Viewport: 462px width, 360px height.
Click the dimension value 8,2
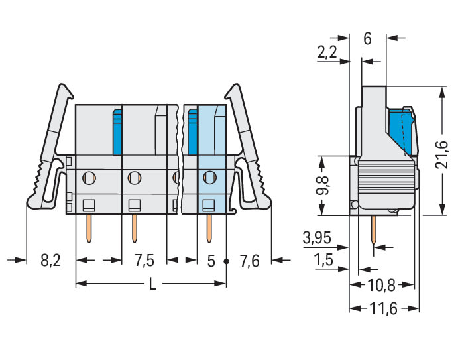(50, 261)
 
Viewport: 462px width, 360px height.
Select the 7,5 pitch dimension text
(144, 261)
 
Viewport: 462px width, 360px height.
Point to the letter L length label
(152, 284)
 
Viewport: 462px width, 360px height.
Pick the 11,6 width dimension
(384, 309)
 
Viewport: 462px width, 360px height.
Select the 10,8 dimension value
(381, 286)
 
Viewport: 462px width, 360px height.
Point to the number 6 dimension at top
(367, 38)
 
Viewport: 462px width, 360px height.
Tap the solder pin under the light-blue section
(209, 227)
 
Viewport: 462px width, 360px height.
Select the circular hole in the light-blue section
(209, 177)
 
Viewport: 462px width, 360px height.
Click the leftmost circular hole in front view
(89, 177)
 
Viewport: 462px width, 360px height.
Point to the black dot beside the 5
(226, 261)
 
